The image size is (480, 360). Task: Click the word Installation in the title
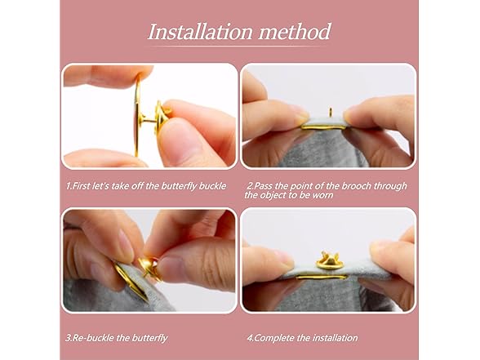(201, 32)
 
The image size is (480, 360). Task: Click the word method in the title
(295, 32)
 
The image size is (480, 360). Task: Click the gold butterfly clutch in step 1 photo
(162, 116)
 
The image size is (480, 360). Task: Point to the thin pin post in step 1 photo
(149, 120)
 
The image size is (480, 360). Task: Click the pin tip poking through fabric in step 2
(331, 111)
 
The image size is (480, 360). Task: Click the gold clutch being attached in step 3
(149, 268)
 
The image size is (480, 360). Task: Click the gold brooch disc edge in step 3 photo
(131, 282)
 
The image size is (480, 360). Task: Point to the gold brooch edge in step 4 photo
(322, 278)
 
